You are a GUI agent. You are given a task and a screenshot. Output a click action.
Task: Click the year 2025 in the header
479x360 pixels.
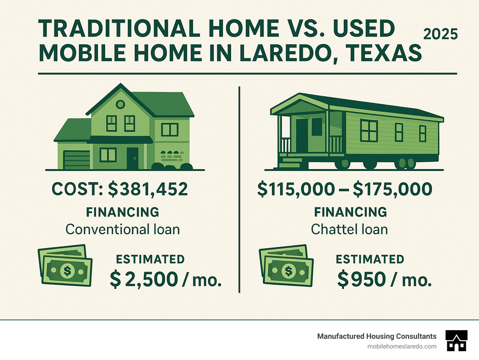click(x=440, y=34)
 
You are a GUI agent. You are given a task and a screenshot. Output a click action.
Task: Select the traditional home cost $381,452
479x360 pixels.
click(x=148, y=189)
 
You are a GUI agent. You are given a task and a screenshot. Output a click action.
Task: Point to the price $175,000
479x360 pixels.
click(x=393, y=189)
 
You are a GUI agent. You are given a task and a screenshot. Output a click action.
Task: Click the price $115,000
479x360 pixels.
click(x=296, y=189)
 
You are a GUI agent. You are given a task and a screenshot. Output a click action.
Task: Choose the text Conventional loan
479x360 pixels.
click(x=123, y=230)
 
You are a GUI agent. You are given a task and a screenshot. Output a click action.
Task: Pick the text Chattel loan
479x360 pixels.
click(x=349, y=230)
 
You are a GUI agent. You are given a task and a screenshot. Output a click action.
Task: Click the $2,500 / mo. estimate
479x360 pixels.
click(x=166, y=279)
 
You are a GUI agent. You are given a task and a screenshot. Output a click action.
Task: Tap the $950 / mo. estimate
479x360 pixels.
click(x=384, y=279)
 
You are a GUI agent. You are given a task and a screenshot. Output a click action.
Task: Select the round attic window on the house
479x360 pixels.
click(x=120, y=105)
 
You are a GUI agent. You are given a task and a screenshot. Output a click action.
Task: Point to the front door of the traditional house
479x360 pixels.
click(x=132, y=158)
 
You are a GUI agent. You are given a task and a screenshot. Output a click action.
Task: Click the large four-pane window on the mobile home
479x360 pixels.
click(x=369, y=130)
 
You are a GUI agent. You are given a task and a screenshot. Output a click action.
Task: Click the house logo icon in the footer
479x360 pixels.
click(x=457, y=341)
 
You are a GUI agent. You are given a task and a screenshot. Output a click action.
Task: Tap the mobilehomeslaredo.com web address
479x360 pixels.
click(x=402, y=346)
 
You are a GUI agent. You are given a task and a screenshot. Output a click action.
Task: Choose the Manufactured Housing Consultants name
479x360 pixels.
click(x=377, y=336)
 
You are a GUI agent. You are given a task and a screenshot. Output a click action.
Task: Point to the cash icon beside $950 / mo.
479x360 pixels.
click(x=286, y=265)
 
